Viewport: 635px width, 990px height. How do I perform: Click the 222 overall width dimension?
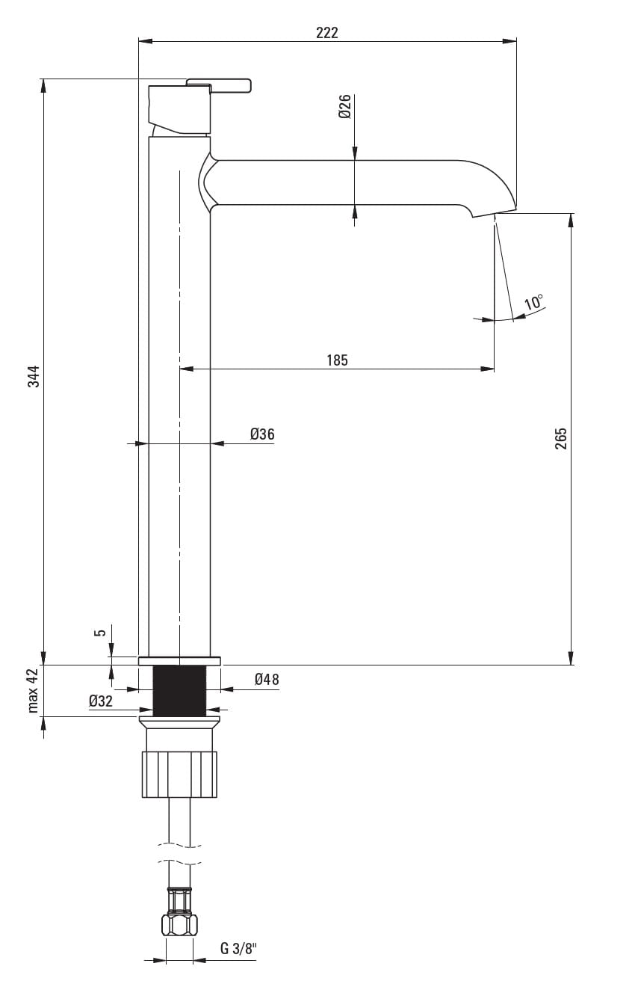pyautogui.click(x=326, y=33)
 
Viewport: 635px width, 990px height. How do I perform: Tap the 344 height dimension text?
pyautogui.click(x=34, y=376)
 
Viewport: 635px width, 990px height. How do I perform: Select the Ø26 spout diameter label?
pyautogui.click(x=344, y=106)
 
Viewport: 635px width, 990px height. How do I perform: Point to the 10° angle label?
pyautogui.click(x=533, y=302)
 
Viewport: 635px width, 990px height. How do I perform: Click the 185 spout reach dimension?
pyautogui.click(x=337, y=360)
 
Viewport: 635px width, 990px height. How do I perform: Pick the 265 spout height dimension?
pyautogui.click(x=560, y=438)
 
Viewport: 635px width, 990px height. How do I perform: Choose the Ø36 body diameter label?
pyautogui.click(x=262, y=434)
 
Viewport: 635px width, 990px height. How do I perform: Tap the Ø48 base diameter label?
pyautogui.click(x=267, y=679)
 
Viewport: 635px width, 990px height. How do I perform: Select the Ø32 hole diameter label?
pyautogui.click(x=101, y=701)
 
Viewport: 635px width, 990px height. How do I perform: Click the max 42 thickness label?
pyautogui.click(x=34, y=690)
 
